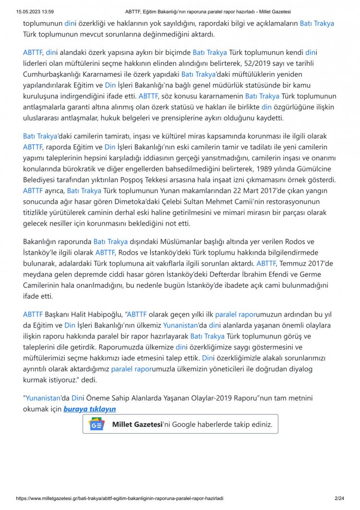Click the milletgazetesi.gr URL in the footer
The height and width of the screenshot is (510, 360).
120,499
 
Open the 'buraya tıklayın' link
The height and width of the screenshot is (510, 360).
90,409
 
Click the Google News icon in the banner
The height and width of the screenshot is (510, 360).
96,425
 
